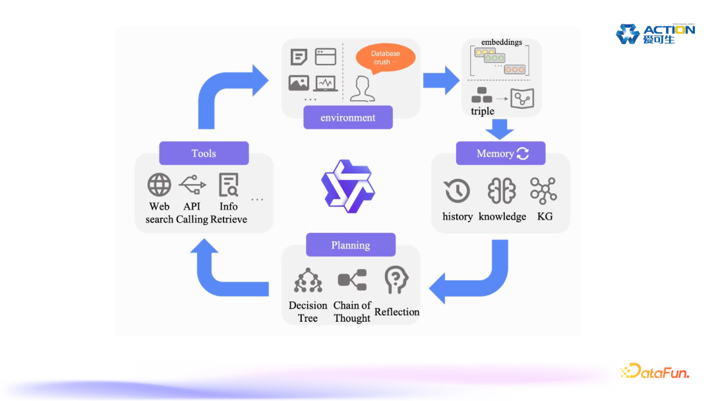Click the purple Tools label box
point(204,153)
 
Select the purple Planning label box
point(350,245)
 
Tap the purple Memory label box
point(501,153)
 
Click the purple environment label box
point(347,117)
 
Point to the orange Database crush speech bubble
point(386,57)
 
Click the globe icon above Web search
point(160,185)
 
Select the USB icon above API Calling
point(192,185)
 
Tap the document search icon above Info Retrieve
point(229,185)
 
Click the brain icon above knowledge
point(502,191)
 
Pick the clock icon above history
point(457,191)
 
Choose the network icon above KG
point(544,190)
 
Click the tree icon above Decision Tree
point(308,280)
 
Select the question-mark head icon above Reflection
point(396,280)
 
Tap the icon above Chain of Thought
point(352,280)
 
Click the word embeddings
point(501,42)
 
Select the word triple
point(483,111)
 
